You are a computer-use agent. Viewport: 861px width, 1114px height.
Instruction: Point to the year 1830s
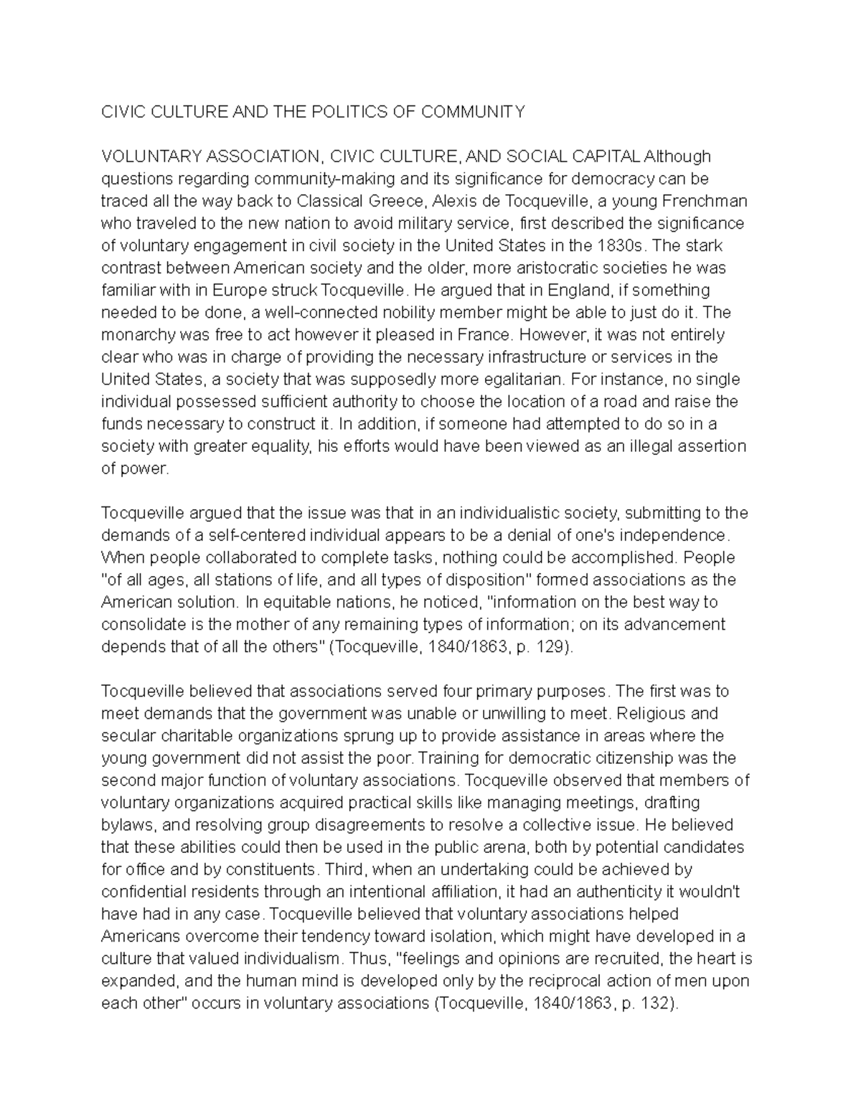click(621, 245)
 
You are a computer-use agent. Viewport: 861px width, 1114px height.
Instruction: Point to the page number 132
click(656, 1003)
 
